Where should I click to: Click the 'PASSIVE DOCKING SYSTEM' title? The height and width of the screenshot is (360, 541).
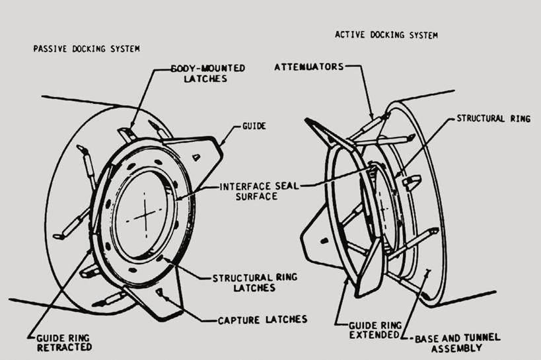pos(87,49)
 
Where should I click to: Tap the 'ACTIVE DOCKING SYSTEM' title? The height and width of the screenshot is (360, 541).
pos(386,34)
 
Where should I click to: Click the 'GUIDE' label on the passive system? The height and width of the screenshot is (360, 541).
pos(254,126)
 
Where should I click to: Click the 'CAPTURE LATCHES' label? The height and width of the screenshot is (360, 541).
pos(262,320)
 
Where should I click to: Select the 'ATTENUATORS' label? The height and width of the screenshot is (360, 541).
pos(309,67)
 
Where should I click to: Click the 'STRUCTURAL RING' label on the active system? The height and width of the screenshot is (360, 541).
pos(493,119)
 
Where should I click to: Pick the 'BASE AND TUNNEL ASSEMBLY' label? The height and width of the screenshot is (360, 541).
pos(457,342)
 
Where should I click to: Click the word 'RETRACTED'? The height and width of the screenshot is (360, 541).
pos(64,347)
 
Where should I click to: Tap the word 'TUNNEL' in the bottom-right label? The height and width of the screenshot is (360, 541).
pos(482,338)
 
